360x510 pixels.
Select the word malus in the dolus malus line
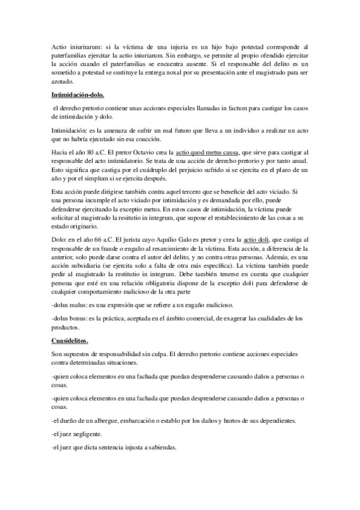tap(79, 304)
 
